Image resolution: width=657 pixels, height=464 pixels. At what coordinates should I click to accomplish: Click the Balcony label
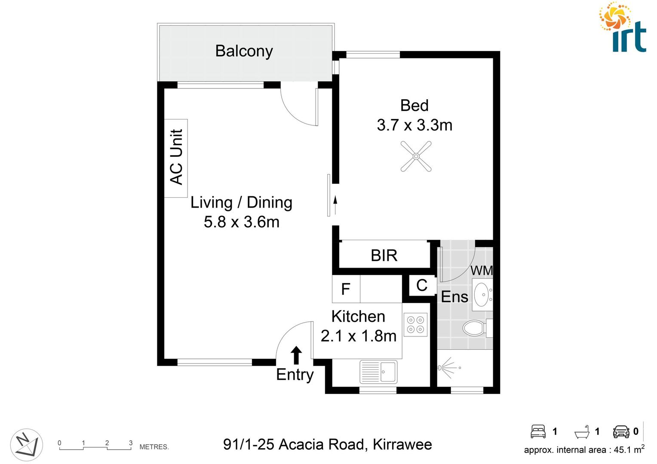pos(244,51)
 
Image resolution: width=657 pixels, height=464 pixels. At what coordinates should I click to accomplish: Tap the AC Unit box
pos(176,158)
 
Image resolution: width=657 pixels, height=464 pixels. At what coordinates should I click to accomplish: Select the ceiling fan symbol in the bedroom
pos(416,157)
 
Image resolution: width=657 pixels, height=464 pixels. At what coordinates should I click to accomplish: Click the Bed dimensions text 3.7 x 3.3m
pos(414,125)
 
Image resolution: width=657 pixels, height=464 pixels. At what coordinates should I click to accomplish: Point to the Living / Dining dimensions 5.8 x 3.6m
pos(241,222)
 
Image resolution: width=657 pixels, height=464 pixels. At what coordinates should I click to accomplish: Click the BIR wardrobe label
pos(384,256)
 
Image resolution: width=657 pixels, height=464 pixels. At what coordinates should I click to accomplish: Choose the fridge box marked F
pos(346,289)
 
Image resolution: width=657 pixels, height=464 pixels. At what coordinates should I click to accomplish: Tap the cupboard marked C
pos(422,285)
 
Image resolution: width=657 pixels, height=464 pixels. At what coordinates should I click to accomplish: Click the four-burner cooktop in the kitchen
pos(415,325)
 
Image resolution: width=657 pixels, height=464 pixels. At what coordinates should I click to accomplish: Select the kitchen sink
pos(378,371)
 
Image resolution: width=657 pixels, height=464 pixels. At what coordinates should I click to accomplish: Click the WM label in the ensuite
pos(482,271)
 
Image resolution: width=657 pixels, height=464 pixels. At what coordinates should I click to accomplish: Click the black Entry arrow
pos(296,355)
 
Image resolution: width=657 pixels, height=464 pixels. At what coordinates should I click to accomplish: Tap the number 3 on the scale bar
pos(131,443)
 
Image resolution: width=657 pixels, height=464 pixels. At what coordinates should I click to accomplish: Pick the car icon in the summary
pos(621,431)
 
